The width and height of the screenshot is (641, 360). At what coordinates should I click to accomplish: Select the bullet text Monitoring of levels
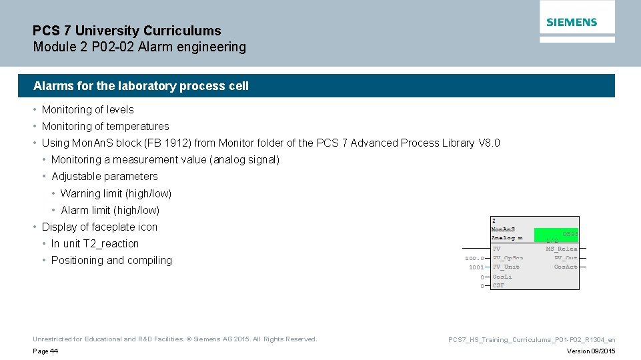pyautogui.click(x=87, y=109)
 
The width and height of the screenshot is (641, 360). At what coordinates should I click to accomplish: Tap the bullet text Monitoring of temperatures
pyautogui.click(x=105, y=126)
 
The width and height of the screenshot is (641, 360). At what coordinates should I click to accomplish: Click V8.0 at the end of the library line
pyautogui.click(x=490, y=143)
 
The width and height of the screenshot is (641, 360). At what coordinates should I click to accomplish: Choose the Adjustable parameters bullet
pyautogui.click(x=105, y=176)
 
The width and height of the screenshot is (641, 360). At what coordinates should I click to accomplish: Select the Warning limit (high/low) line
pyautogui.click(x=116, y=193)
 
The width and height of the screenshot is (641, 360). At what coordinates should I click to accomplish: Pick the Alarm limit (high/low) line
pyautogui.click(x=110, y=210)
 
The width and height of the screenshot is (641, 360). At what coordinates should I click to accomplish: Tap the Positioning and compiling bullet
pyautogui.click(x=111, y=260)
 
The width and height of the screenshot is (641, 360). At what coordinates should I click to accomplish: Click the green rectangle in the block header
pyautogui.click(x=556, y=235)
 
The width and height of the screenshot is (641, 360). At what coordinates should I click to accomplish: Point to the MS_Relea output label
pyautogui.click(x=562, y=249)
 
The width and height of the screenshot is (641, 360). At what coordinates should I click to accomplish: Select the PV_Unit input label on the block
pyautogui.click(x=506, y=267)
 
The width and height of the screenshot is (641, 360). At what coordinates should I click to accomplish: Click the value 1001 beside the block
pyautogui.click(x=476, y=267)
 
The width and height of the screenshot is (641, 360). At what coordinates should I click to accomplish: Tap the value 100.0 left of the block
pyautogui.click(x=475, y=259)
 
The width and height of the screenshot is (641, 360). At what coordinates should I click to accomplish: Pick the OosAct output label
pyautogui.click(x=566, y=267)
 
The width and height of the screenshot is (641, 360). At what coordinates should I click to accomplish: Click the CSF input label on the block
pyautogui.click(x=498, y=285)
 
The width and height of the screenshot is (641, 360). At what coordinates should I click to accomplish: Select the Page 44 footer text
pyautogui.click(x=45, y=351)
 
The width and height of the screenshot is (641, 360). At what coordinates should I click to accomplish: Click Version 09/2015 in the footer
pyautogui.click(x=591, y=351)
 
